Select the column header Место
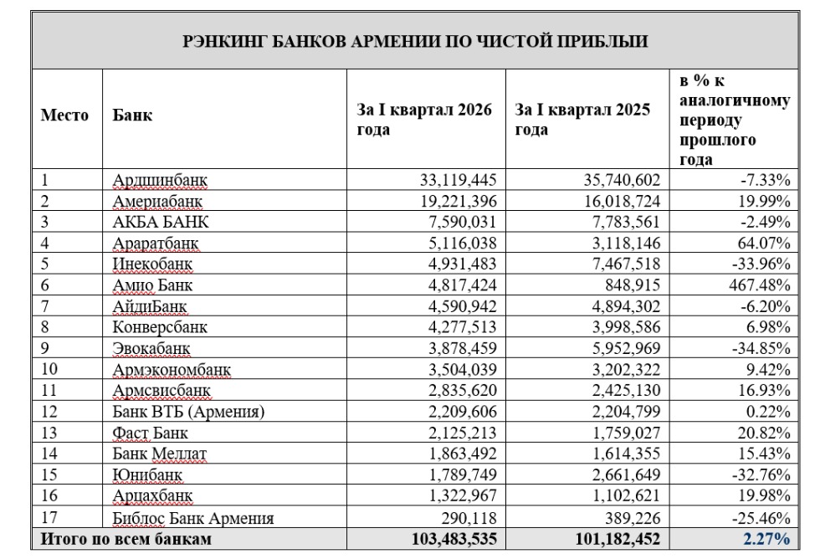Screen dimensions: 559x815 coord(64,116)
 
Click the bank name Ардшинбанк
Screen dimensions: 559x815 coord(161,180)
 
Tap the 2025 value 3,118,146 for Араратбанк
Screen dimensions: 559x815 coord(620,243)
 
